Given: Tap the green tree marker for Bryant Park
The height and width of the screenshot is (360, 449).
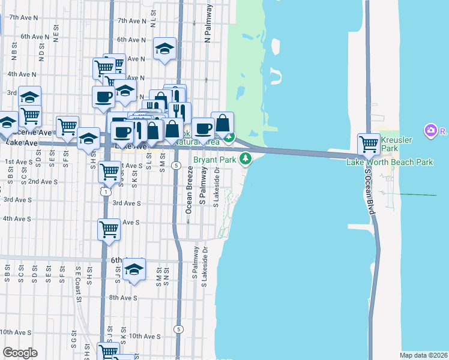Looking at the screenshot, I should coord(245,159).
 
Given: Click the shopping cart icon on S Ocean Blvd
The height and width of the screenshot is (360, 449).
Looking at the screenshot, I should coord(369,144).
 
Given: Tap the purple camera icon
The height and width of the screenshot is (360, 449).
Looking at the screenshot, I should coord(430,130).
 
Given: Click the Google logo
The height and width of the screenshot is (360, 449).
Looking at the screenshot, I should coord(20,352).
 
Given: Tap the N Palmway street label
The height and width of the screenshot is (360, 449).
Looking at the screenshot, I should coord(209,24).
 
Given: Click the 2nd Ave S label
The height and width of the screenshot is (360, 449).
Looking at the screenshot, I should coord(43,181).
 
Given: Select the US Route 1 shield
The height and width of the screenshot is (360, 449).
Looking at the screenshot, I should coord(105,191).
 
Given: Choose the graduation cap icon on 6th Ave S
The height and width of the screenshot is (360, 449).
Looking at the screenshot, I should coord(134,270).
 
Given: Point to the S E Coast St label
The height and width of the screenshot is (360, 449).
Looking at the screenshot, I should coord(78,286).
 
